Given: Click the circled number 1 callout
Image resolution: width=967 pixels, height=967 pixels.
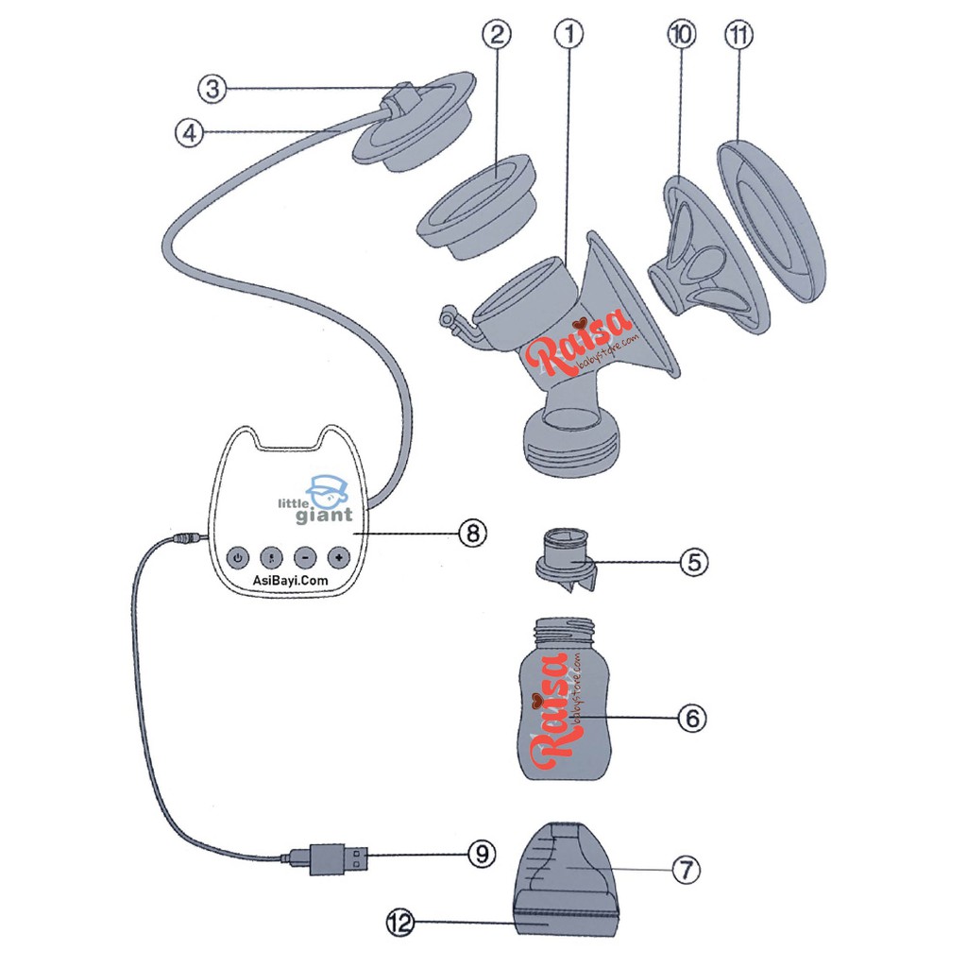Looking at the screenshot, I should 568,36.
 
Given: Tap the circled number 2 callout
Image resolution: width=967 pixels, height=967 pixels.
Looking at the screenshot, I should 497,36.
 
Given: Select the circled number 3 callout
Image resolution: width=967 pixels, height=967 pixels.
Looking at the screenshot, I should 212,90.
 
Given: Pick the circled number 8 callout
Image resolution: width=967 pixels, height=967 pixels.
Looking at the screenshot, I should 472,533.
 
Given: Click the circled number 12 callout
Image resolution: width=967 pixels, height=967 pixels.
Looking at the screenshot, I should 401,923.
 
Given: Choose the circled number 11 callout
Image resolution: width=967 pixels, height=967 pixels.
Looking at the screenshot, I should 737,36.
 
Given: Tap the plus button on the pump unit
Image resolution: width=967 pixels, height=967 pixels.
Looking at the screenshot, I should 338,557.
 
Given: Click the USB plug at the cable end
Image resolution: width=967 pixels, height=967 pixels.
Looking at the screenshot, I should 338,858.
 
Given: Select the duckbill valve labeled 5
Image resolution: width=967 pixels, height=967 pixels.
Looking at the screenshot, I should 564,565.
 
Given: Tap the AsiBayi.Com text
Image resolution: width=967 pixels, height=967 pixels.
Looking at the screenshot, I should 285,583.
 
